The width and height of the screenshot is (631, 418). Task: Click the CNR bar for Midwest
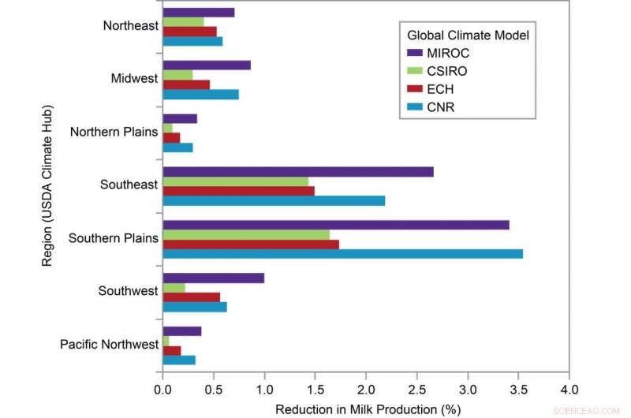200,95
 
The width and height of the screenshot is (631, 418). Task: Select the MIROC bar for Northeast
198,12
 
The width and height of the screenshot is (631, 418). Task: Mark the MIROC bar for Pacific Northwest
181,331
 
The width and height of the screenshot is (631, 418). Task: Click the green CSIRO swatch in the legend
415,70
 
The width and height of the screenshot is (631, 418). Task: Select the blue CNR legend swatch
415,106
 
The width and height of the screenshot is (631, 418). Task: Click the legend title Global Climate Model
467,35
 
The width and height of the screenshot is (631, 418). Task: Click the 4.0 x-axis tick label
569,389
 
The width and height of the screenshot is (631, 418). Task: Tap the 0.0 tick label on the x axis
162,389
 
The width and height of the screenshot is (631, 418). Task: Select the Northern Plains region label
114,131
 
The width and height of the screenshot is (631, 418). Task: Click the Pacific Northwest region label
109,345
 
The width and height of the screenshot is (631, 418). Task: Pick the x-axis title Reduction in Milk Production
367,409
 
